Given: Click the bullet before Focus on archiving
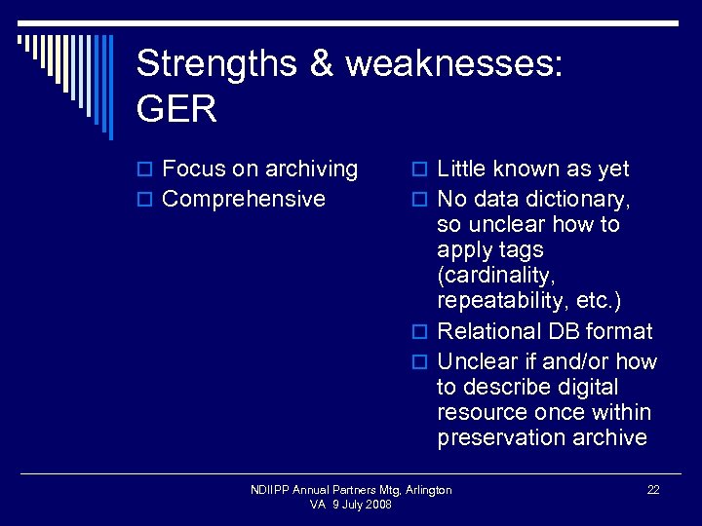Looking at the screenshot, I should tap(146, 170).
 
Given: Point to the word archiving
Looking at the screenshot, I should tap(309, 169).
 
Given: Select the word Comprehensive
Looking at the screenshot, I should tap(244, 199).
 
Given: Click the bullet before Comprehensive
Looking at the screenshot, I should tap(146, 201).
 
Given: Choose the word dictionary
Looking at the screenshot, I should tap(580, 199).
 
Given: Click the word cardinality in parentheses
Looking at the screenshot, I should tap(491, 275).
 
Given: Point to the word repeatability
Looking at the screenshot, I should tap(503, 300).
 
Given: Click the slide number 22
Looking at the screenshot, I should tap(653, 490).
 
